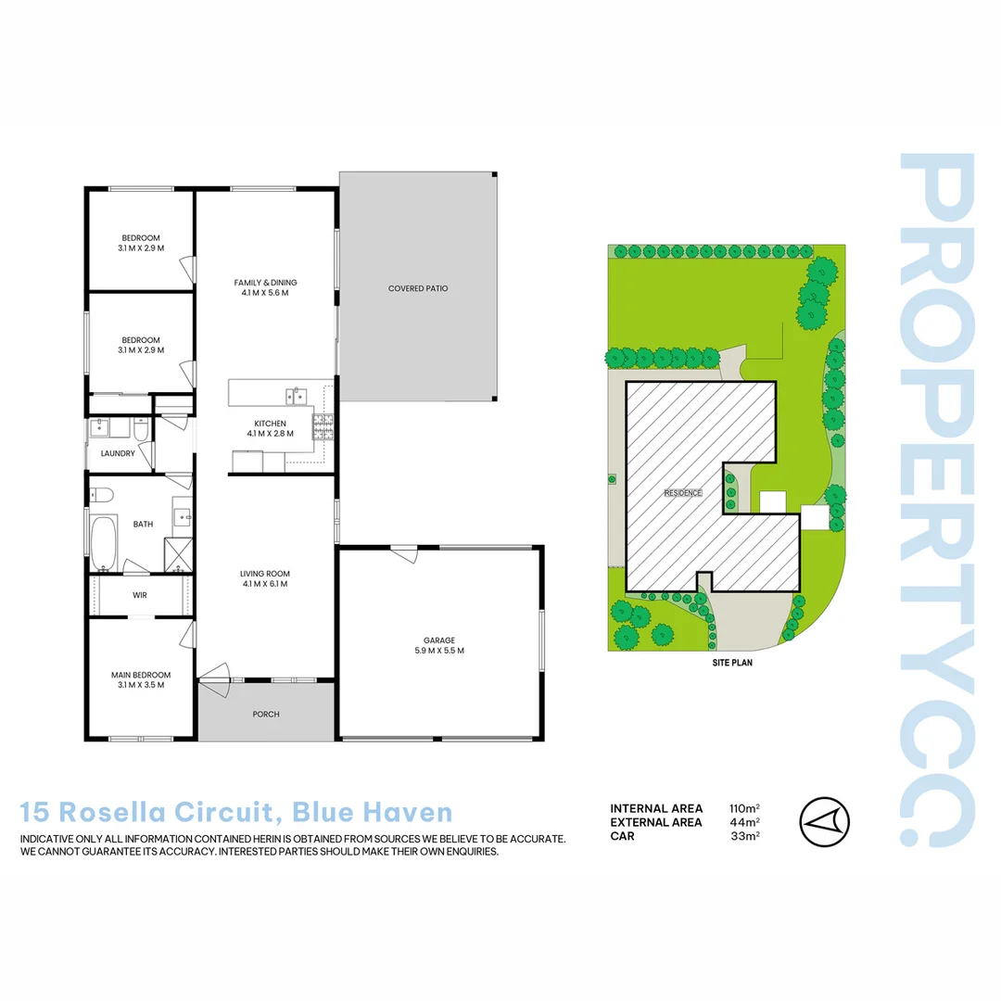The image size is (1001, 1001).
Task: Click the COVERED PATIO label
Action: [x=418, y=288]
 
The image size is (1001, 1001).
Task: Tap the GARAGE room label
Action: [x=438, y=640]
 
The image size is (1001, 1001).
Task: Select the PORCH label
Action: [x=266, y=714]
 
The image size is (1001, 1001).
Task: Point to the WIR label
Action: [x=140, y=595]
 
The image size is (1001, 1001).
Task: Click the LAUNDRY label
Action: [x=118, y=453]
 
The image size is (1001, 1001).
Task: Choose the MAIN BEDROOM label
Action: [x=141, y=675]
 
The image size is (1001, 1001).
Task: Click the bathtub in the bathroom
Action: [x=102, y=541]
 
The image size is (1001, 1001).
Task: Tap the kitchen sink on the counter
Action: [x=296, y=396]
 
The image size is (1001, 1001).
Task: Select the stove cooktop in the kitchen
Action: [x=323, y=427]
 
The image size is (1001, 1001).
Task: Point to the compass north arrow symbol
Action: [x=824, y=821]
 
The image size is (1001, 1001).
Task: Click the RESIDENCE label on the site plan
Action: [x=683, y=493]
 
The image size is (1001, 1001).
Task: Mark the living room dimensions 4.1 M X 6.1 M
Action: [x=265, y=584]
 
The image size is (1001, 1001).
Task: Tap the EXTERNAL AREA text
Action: [x=656, y=822]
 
